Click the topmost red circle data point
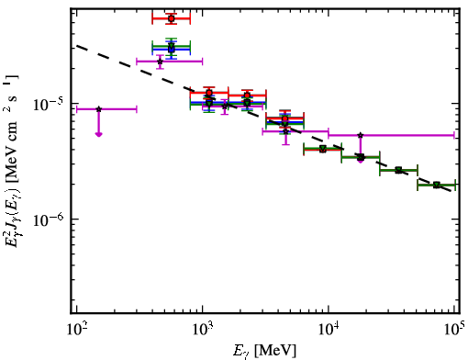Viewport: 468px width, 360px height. (172, 18)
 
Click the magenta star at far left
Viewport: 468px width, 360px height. (98, 109)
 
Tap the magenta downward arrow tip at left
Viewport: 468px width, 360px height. (98, 135)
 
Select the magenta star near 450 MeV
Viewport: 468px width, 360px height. (160, 62)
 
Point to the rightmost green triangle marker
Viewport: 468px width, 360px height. (437, 185)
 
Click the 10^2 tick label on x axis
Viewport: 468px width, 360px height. (76, 330)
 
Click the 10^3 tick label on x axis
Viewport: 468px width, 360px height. (203, 330)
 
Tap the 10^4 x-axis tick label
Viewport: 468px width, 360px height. (329, 330)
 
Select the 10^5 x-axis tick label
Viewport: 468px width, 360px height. (455, 329)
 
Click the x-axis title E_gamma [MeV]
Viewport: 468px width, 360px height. (264, 351)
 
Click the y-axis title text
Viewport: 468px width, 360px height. (12, 161)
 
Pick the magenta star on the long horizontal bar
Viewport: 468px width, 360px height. (361, 135)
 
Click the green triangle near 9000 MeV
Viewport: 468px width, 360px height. (322, 149)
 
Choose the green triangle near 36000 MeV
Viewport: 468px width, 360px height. (398, 170)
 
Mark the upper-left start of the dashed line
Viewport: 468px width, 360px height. (76, 46)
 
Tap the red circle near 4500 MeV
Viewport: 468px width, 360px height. (285, 118)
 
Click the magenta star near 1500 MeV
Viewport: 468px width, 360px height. (225, 107)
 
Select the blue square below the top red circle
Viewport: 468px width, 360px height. (172, 49)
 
